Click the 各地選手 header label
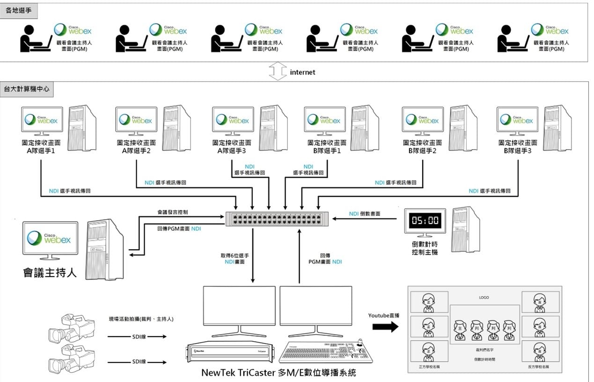[x=18, y=10]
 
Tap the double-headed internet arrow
[x=278, y=72]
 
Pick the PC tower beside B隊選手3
[x=557, y=128]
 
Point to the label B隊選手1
[x=327, y=150]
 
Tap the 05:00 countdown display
[x=425, y=221]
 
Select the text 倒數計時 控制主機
[x=425, y=249]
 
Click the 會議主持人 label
[x=50, y=272]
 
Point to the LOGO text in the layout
[x=484, y=298]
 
